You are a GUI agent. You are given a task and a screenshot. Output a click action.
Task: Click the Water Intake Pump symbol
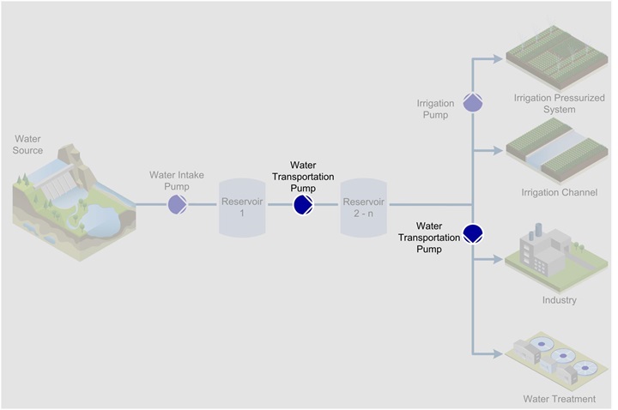[x=177, y=204]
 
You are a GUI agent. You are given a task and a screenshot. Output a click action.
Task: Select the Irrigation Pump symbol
[x=472, y=102]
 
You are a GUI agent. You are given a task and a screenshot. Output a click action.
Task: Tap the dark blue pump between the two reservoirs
[x=302, y=205]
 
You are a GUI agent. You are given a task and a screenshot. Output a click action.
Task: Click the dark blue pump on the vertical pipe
[x=473, y=232]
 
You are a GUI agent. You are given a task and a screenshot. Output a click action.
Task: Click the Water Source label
[x=28, y=144]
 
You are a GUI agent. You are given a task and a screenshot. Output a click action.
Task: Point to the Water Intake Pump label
[x=177, y=180]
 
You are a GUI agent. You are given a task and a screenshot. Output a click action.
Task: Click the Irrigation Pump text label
[x=435, y=109]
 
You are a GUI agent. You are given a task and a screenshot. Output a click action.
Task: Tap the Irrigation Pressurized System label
[x=555, y=104]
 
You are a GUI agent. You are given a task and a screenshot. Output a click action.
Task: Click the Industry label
[x=559, y=300]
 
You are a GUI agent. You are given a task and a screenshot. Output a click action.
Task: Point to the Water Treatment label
[x=559, y=399]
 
